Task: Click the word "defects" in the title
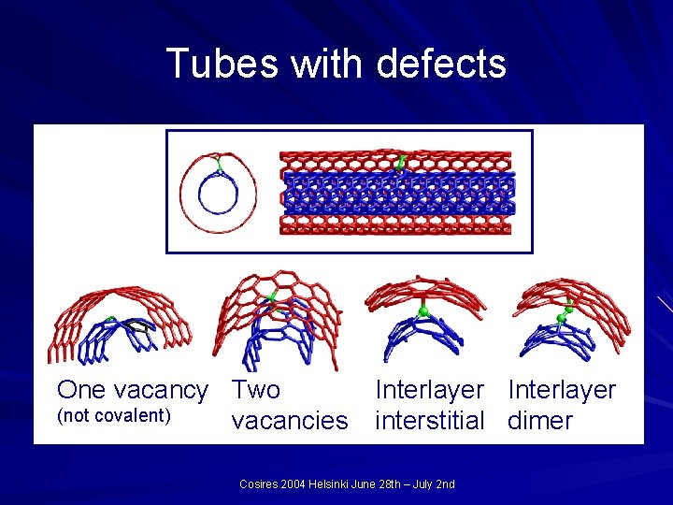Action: pos(441,65)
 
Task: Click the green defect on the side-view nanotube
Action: pos(401,164)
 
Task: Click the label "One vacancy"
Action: pos(132,389)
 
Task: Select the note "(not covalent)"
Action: pos(114,415)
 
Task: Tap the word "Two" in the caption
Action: pos(256,389)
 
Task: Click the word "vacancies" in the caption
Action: pos(289,421)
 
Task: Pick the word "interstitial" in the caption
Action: pos(429,421)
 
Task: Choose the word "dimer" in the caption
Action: pos(540,421)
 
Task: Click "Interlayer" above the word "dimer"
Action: pos(562,389)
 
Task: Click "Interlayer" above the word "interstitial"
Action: pos(429,389)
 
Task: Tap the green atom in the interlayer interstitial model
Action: pos(423,310)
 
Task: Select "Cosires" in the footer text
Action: pos(260,484)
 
